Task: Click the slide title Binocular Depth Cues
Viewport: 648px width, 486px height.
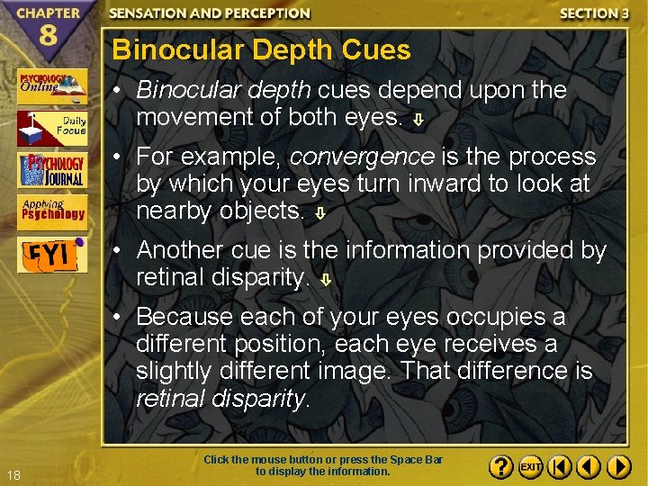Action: point(261,50)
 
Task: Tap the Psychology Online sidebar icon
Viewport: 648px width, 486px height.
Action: point(52,86)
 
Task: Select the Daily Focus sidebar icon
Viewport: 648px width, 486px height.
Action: point(52,128)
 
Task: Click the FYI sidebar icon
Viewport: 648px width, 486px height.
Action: point(52,254)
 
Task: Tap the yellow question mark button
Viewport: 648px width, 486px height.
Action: point(501,467)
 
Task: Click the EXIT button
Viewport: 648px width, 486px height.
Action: point(530,467)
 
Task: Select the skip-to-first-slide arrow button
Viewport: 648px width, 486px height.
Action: point(559,467)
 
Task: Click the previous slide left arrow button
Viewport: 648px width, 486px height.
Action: point(589,467)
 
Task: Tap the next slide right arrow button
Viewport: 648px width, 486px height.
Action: point(618,467)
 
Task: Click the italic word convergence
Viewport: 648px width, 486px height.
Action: point(361,157)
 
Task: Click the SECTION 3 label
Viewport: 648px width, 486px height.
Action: point(594,13)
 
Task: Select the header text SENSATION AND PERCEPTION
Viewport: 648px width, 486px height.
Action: point(210,13)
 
